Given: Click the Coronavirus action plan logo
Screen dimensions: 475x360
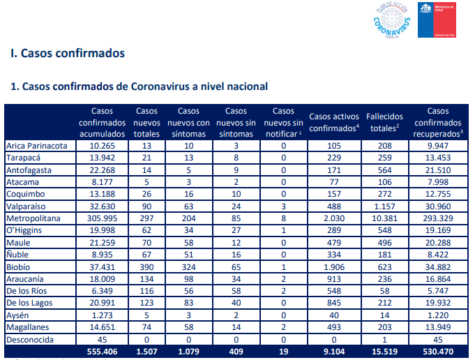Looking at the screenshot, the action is (x=392, y=20).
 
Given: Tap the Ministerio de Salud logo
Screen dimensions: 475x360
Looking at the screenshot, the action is (x=437, y=20).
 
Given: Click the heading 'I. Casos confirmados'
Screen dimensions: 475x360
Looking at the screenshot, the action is (x=68, y=53).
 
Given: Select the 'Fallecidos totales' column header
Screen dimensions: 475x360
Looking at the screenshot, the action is (x=384, y=122).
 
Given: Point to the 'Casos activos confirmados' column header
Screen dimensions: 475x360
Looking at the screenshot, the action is (x=334, y=122).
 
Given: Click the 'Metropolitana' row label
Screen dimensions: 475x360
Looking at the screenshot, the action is (x=33, y=218).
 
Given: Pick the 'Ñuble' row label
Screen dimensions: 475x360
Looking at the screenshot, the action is (x=17, y=254).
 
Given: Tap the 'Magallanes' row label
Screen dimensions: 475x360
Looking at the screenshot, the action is (x=28, y=327).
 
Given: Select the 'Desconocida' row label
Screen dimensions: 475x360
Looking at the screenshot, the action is (x=30, y=340).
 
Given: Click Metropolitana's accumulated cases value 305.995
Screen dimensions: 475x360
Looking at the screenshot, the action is (x=103, y=218).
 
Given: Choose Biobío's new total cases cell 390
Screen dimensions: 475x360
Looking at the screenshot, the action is (x=146, y=267).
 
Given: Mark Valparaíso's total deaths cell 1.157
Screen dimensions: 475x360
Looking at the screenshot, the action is (x=384, y=207).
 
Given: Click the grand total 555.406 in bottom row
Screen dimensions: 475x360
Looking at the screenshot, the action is (x=102, y=352).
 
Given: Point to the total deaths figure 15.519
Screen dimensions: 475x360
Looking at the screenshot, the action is (x=384, y=352).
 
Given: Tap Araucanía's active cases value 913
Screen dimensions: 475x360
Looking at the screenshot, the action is (x=334, y=279).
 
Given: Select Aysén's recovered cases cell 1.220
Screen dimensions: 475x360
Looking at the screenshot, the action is (x=438, y=315).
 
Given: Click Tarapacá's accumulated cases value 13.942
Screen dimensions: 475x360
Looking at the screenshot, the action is (x=103, y=158).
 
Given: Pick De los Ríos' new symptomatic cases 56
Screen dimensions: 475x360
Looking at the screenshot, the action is (x=188, y=291).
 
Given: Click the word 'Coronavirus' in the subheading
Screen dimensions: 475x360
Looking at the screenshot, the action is (x=160, y=87).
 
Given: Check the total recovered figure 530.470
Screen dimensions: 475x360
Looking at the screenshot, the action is (x=438, y=352).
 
